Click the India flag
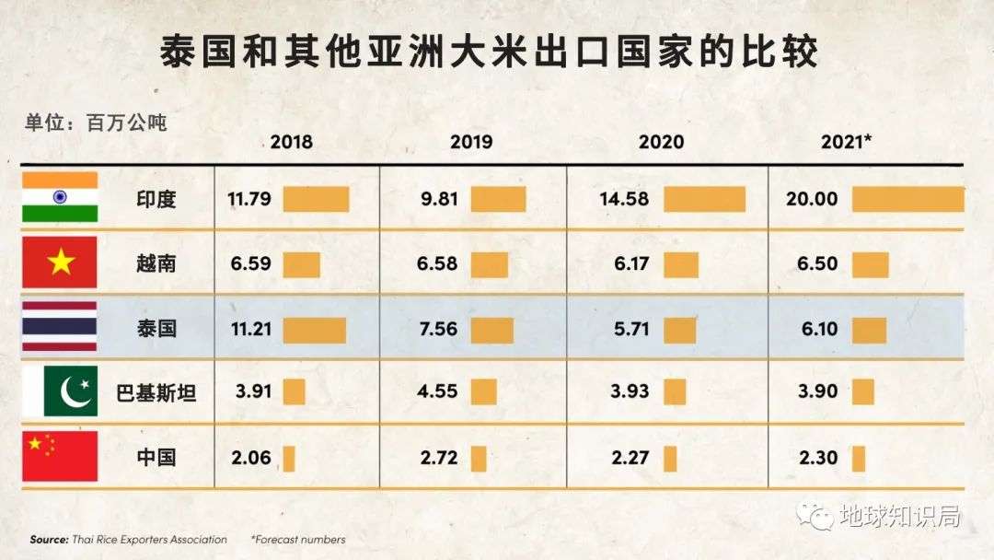60,197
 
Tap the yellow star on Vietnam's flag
60,263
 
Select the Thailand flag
60,327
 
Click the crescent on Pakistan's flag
74,391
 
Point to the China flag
60,456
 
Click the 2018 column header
291,142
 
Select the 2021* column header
847,142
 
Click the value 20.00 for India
813,199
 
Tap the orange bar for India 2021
907,199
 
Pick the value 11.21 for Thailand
251,329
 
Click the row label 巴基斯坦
156,392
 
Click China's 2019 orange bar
479,458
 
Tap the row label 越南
156,264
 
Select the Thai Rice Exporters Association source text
128,540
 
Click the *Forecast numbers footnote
297,540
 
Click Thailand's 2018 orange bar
314,330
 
